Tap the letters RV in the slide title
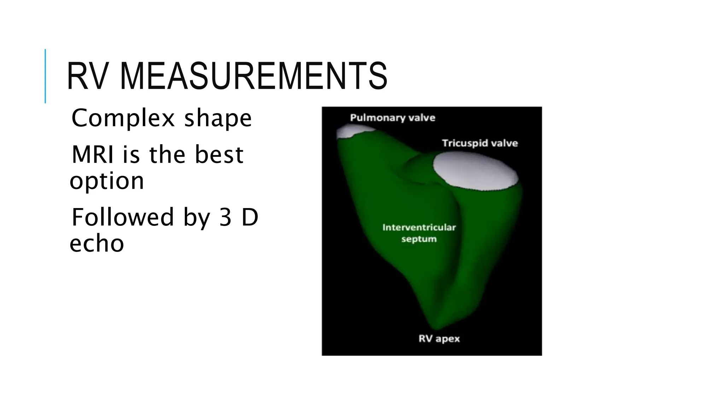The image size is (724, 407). (x=87, y=76)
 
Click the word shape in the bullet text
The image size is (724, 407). (x=218, y=118)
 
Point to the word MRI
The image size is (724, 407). (x=93, y=155)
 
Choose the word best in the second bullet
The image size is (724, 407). (x=219, y=155)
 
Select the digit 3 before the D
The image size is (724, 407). (x=226, y=217)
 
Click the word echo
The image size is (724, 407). (x=97, y=244)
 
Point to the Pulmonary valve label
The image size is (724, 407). (x=392, y=118)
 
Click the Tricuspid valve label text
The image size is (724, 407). (x=480, y=143)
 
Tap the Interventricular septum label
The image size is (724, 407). (x=419, y=233)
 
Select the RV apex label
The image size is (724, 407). (x=439, y=339)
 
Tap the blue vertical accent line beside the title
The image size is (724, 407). (x=45, y=76)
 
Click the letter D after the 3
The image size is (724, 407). (x=250, y=217)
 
